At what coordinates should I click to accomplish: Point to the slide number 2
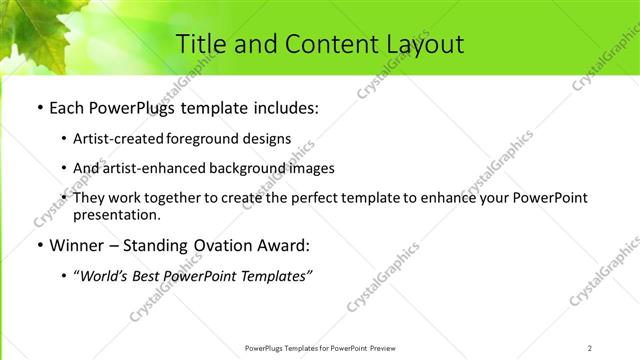tap(590, 348)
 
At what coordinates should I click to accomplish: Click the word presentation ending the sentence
tap(116, 214)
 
